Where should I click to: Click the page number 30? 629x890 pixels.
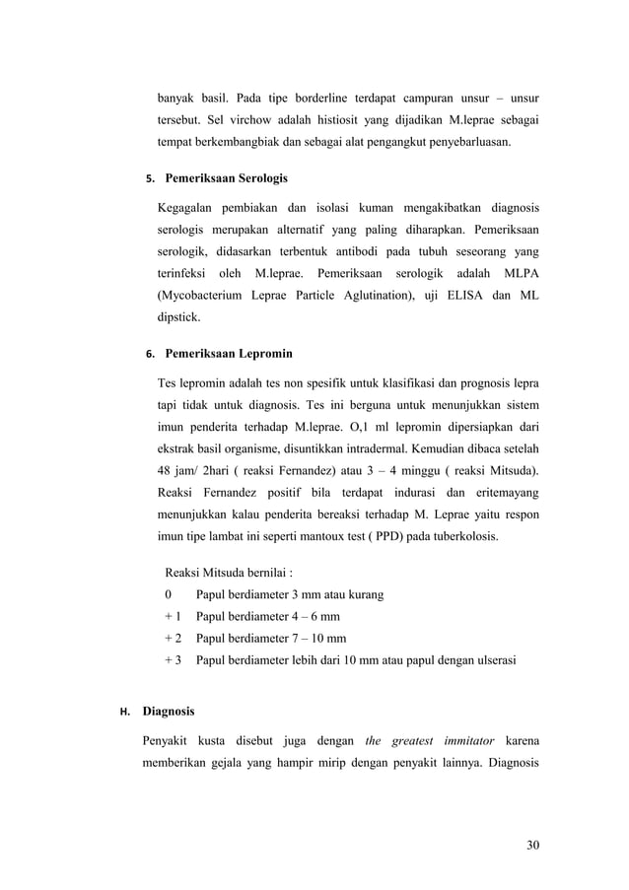coord(532,844)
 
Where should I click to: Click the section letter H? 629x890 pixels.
coord(124,711)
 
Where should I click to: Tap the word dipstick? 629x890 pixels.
coord(178,319)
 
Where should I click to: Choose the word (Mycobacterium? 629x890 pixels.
coord(206,294)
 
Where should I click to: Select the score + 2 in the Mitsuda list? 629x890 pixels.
coord(174,638)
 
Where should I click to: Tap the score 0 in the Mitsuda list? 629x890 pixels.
coord(169,594)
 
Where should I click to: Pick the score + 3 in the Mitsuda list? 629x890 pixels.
coord(174,659)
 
